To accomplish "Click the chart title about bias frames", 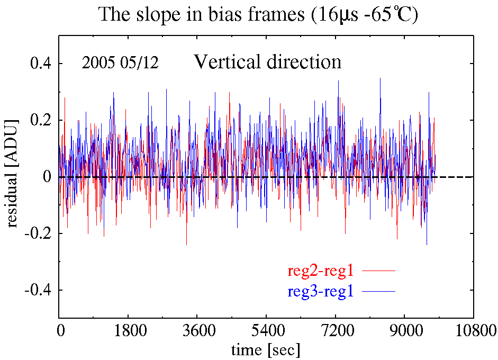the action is (258, 15).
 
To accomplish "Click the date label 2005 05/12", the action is (120, 62).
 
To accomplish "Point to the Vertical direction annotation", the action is (268, 61).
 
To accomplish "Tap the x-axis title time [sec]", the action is (266, 350).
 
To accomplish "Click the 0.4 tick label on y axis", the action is (40, 64).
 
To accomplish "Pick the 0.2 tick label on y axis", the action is (40, 120).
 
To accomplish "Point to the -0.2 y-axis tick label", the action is (38, 233).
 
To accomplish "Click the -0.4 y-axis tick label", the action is (38, 290).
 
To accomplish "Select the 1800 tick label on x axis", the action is (128, 331).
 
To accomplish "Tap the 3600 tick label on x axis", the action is (197, 331).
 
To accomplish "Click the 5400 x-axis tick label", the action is (266, 331).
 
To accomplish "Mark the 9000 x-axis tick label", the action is (404, 331).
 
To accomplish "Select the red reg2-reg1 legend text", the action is (321, 271).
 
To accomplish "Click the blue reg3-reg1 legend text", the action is (321, 291).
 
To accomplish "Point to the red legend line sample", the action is (378, 271).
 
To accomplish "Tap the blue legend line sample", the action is (378, 291).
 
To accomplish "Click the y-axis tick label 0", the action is (47, 177).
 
